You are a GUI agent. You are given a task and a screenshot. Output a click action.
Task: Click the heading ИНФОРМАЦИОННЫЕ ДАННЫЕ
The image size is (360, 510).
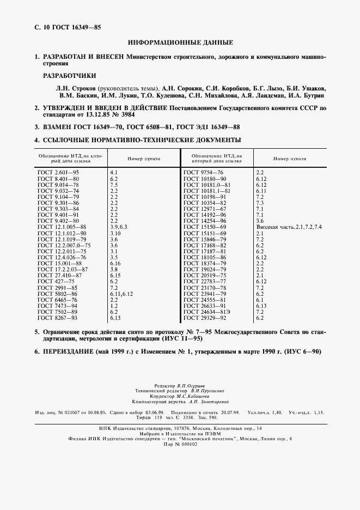coord(180,42)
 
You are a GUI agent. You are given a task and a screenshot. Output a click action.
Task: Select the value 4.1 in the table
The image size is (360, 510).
coord(114,172)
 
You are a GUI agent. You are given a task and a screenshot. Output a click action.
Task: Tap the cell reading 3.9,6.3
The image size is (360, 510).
coord(119,226)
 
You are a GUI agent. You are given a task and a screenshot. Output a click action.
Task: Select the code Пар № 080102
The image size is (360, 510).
coord(180,444)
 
